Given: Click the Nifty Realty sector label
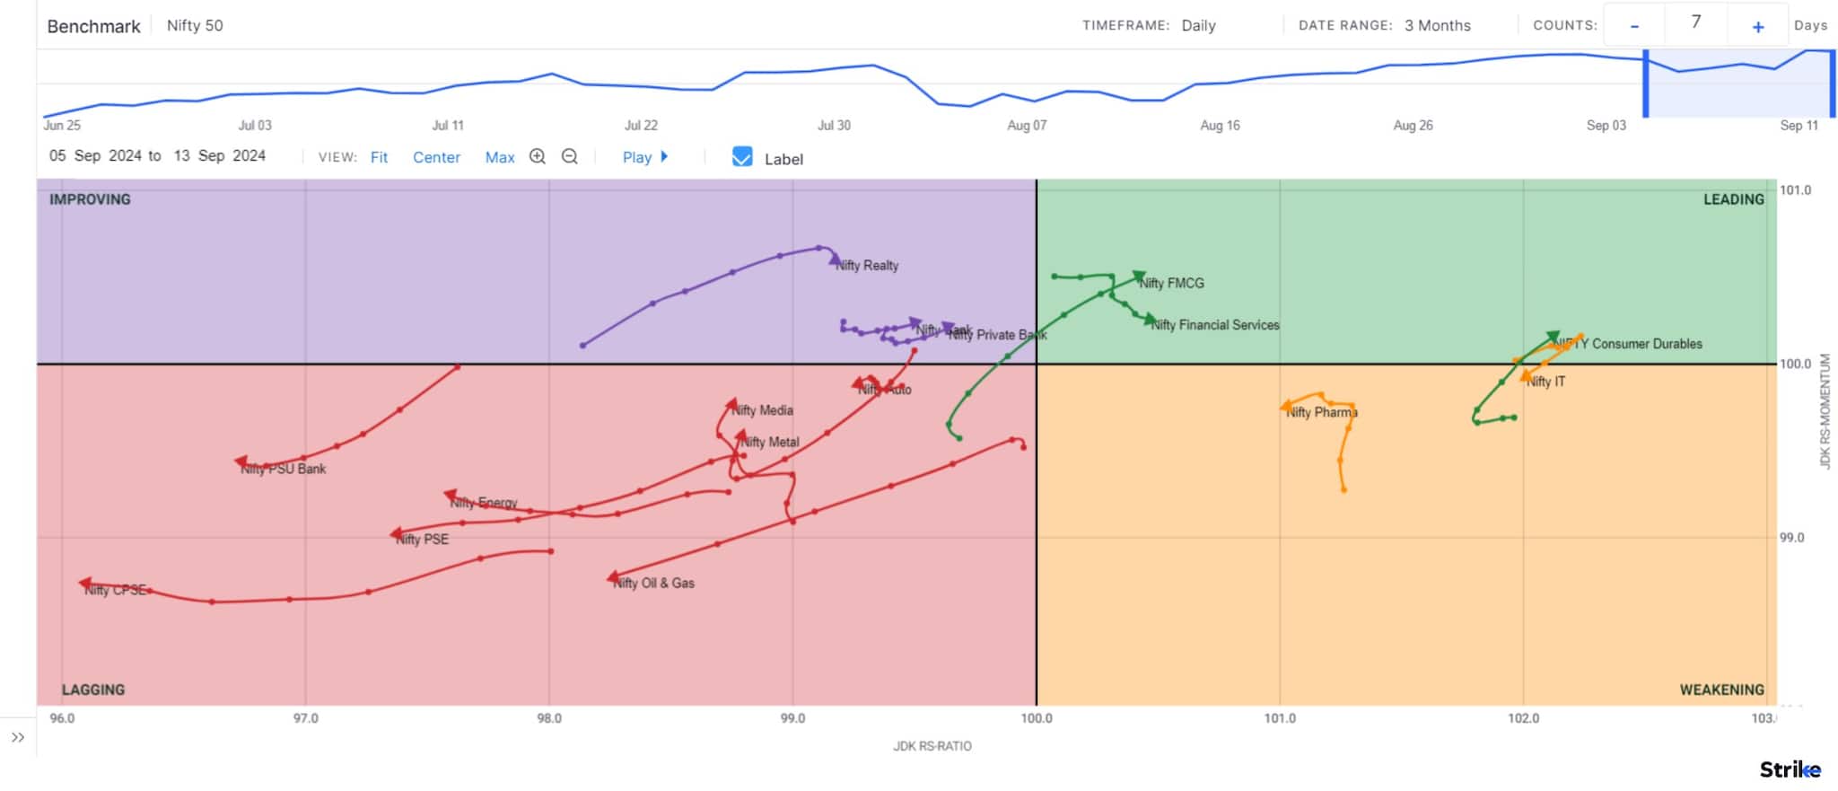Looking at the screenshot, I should (867, 266).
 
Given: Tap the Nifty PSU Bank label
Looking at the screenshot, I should (284, 469).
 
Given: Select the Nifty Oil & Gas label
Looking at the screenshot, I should (653, 584).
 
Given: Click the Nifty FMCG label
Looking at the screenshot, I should (1172, 284).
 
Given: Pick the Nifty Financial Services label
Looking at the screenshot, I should (1215, 325).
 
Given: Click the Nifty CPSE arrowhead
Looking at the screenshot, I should (85, 584).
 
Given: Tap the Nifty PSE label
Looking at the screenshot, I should (422, 540).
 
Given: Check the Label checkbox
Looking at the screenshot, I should (742, 157).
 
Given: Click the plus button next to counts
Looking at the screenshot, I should (1758, 26).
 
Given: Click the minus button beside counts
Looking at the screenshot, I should (1634, 26).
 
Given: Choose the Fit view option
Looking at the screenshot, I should (379, 157).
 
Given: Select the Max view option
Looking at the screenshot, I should (500, 157).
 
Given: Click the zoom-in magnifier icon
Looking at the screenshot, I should (538, 156).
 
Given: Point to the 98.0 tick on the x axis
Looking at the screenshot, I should (549, 718).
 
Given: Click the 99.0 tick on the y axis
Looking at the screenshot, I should (1791, 538).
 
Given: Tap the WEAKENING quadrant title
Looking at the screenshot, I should (1721, 690).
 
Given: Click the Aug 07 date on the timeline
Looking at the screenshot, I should (1027, 126).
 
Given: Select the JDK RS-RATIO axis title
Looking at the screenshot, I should (932, 746).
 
